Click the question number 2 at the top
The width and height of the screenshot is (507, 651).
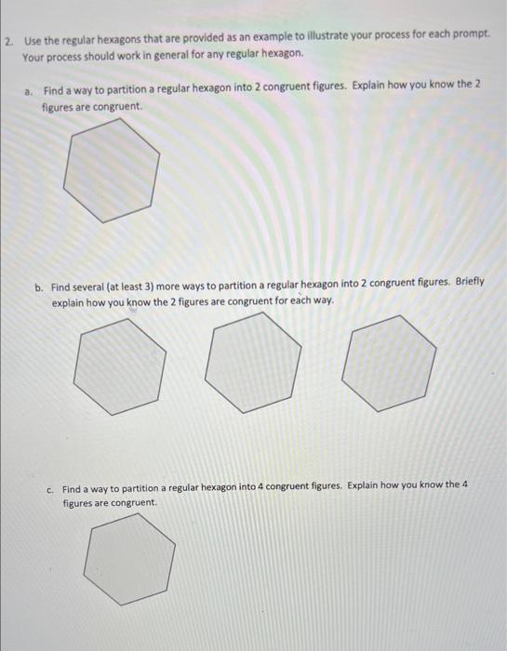tap(7, 42)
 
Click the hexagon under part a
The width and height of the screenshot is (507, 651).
tap(112, 172)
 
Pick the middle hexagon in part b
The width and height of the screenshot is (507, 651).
tap(254, 362)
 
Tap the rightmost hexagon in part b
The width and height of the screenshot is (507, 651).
tap(388, 364)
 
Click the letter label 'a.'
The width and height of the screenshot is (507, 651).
tap(31, 91)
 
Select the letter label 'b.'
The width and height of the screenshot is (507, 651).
tap(40, 287)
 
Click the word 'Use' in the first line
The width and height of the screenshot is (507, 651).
tap(33, 41)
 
